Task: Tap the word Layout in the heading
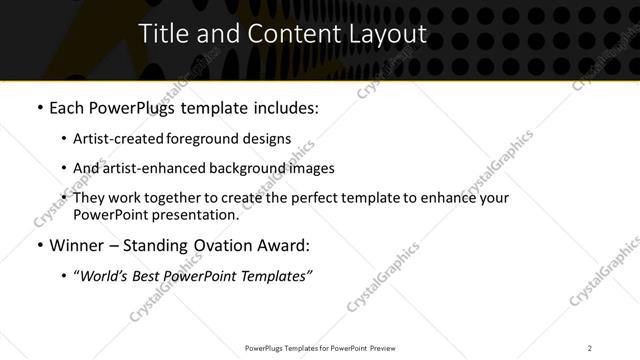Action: tap(390, 34)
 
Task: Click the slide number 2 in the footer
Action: tap(589, 347)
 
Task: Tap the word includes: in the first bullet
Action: tap(285, 107)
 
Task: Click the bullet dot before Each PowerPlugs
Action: tap(38, 108)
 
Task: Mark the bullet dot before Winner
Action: tap(38, 246)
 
